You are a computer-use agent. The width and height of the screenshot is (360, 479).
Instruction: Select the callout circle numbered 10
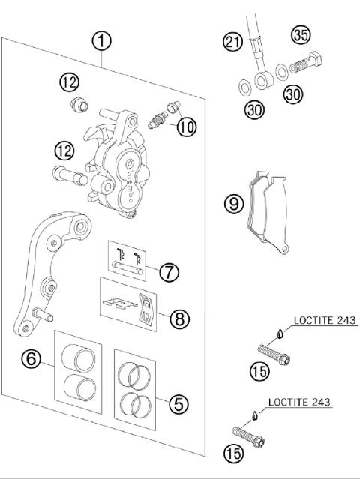pos(186,126)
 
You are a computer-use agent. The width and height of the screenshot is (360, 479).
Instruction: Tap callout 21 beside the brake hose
pos(232,42)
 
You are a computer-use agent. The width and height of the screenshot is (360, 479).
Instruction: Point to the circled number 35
pos(301,34)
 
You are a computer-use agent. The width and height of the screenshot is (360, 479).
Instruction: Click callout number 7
pos(170,271)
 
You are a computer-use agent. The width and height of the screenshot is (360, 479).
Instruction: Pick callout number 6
pos(31,360)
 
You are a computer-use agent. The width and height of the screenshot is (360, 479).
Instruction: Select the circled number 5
pos(178,403)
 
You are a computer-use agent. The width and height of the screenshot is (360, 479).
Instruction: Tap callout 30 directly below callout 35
pos(294,95)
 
